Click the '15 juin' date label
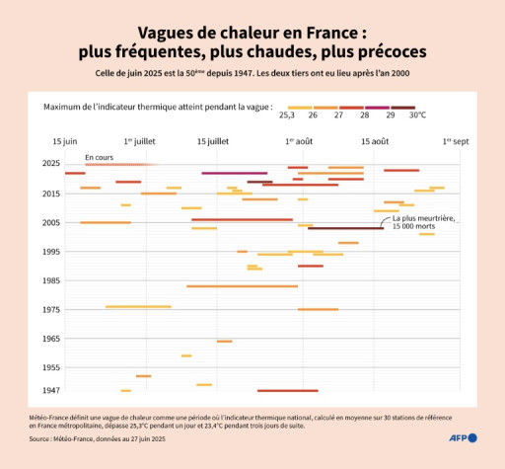(x=64, y=141)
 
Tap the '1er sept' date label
(x=456, y=141)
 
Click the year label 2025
(x=49, y=163)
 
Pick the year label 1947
(x=49, y=390)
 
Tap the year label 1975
(x=49, y=309)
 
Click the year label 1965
(x=49, y=338)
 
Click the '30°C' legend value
(x=417, y=116)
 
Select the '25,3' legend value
(x=287, y=116)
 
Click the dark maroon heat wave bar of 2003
(x=345, y=228)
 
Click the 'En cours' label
(x=98, y=157)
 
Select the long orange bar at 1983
(x=242, y=286)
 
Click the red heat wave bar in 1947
(x=287, y=391)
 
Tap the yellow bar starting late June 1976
(x=138, y=307)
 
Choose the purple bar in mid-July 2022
(x=234, y=173)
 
